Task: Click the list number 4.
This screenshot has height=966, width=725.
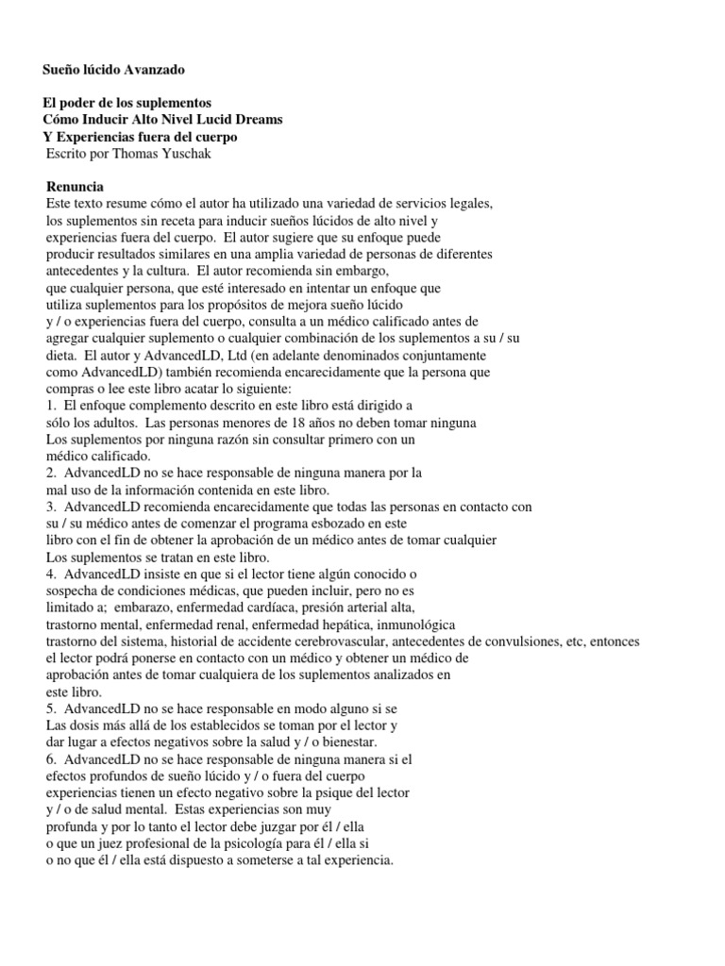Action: [50, 573]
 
